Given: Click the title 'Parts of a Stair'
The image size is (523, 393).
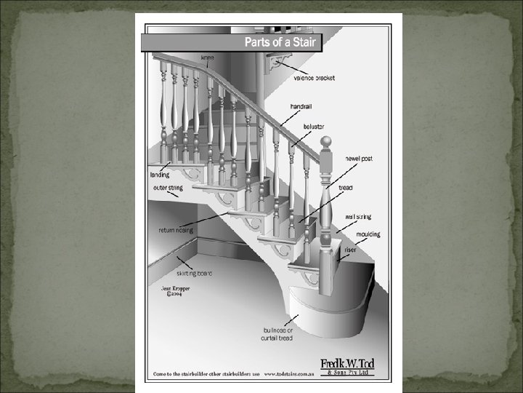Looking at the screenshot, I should click(280, 42).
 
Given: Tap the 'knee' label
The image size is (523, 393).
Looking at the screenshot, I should click(208, 56).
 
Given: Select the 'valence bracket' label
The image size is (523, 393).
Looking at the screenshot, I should click(315, 78).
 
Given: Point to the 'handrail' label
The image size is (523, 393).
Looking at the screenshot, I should click(301, 106).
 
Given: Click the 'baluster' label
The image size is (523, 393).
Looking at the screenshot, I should click(314, 126).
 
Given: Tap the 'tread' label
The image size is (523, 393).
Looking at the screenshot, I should click(346, 187).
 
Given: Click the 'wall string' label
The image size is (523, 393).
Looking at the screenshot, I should click(358, 216).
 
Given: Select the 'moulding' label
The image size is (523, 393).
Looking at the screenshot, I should click(368, 234).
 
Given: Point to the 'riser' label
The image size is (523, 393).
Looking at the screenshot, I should click(351, 250).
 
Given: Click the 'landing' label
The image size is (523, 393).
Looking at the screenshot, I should click(161, 175).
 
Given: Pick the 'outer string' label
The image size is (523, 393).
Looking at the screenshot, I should click(167, 188).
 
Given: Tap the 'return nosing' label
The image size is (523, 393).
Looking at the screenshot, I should click(176, 230).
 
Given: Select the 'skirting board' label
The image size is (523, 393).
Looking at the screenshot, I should click(195, 274).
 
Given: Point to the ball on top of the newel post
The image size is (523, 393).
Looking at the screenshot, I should click(326, 141).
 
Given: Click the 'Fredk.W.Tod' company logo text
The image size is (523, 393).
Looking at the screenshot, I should click(347, 364).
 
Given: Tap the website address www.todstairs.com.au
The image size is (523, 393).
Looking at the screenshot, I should click(289, 374).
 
